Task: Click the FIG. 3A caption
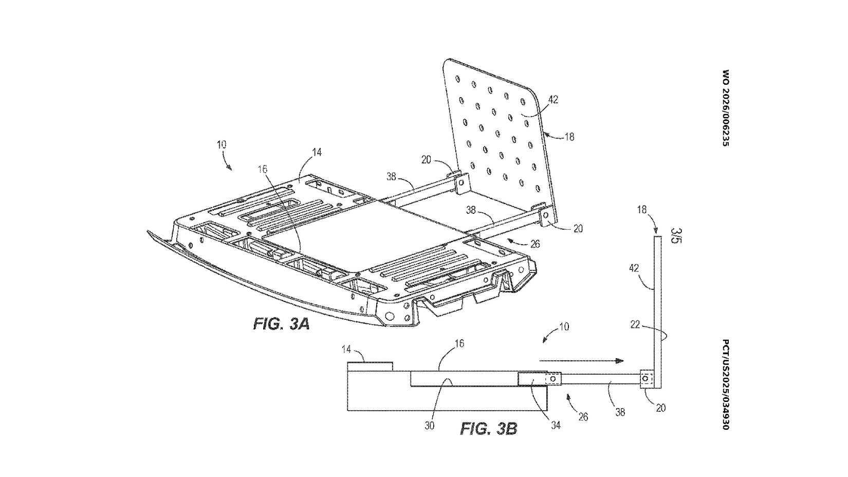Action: click(281, 324)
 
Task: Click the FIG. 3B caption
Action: click(488, 428)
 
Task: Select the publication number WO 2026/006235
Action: click(725, 108)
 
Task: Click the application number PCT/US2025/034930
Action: click(725, 384)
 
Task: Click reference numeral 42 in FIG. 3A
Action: click(552, 100)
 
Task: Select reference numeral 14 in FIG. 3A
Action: click(317, 152)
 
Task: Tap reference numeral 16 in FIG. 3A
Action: click(263, 169)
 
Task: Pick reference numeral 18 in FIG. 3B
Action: click(642, 210)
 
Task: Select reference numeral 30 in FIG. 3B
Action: click(430, 425)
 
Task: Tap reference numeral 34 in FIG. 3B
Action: click(555, 425)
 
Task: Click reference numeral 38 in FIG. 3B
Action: click(620, 412)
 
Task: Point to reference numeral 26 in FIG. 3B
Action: click(583, 417)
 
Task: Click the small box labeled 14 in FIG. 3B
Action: click(370, 366)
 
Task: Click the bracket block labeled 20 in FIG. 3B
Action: click(647, 380)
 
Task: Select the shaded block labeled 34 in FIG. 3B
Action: click(532, 379)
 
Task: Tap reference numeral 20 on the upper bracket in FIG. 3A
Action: click(426, 160)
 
